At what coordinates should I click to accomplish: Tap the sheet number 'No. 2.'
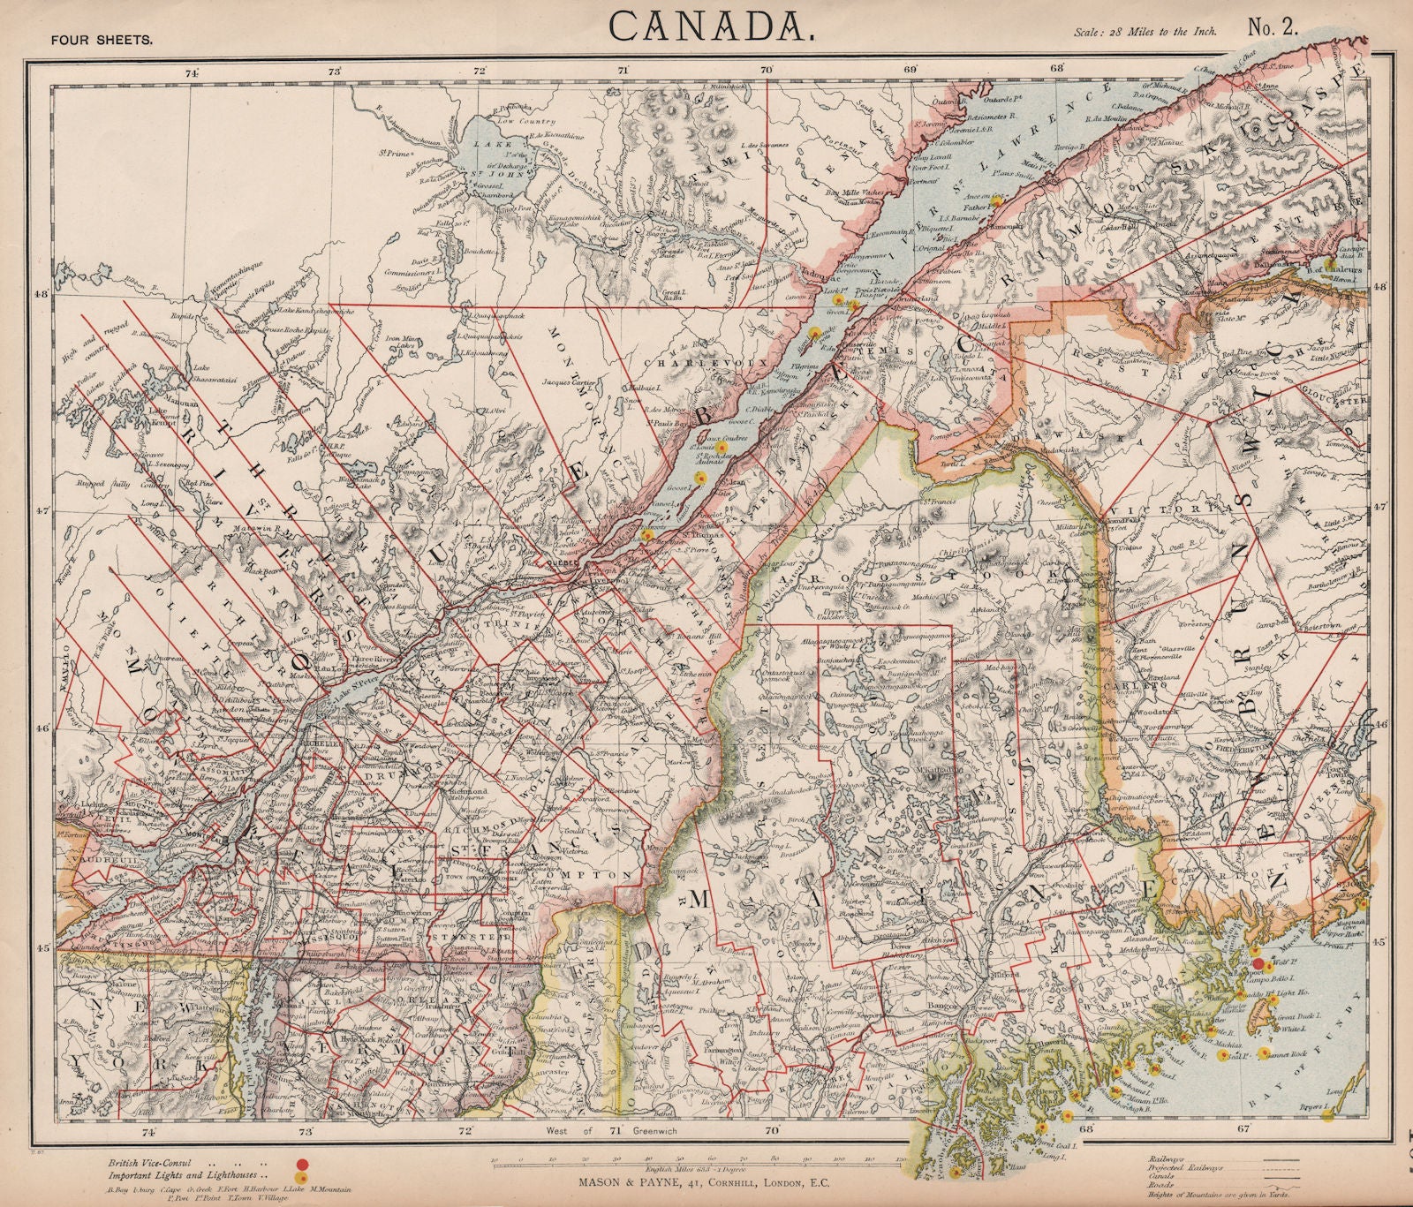tap(1272, 26)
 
